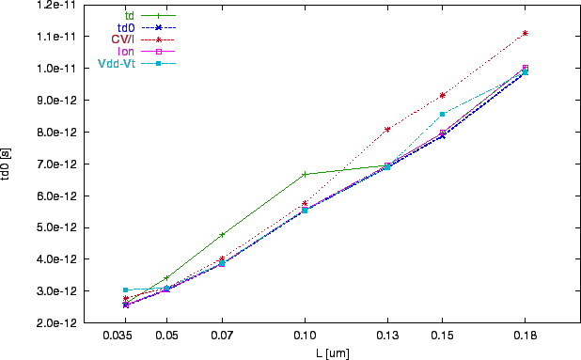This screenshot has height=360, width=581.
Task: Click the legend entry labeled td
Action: coord(131,15)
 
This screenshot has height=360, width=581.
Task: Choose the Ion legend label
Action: coord(127,52)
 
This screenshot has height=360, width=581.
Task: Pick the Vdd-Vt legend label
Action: coord(118,64)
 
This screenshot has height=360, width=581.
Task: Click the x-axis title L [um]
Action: coord(332,352)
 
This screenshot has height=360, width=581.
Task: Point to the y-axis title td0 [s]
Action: coord(8,164)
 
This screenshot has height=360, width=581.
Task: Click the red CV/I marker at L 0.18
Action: coord(525,33)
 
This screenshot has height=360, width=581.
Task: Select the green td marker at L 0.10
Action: coord(305,174)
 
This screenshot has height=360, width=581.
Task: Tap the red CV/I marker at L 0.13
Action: coord(387,130)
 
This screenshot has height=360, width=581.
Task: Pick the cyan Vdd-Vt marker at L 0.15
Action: coord(442,114)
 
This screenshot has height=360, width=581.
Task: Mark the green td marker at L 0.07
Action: coord(222,234)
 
